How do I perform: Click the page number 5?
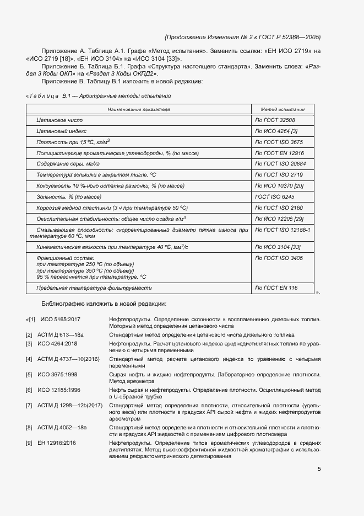(x=319, y=469)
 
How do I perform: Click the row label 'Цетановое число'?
(x=59, y=120)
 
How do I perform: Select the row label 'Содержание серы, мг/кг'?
(x=68, y=164)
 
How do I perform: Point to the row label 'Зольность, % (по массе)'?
(x=69, y=196)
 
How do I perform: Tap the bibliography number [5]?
(x=29, y=374)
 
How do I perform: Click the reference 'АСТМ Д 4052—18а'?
(x=62, y=428)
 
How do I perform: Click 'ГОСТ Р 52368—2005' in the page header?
(x=290, y=37)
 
